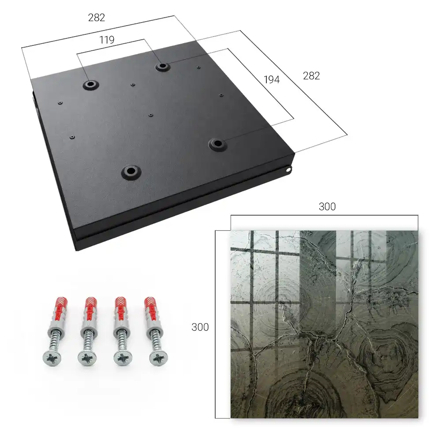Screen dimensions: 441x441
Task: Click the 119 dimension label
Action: (107, 40)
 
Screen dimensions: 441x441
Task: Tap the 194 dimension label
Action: (272, 80)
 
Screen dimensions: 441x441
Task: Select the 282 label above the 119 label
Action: (97, 18)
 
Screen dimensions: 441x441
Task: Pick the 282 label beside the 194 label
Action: (311, 76)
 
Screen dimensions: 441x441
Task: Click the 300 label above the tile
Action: (327, 207)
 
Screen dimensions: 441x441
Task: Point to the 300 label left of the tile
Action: (200, 327)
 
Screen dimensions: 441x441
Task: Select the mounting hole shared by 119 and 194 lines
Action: (162, 67)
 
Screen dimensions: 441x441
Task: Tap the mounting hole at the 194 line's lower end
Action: (217, 144)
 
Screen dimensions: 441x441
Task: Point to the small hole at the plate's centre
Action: (151, 115)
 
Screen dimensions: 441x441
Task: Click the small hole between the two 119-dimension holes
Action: (133, 84)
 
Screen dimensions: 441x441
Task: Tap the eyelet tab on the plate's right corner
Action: (288, 169)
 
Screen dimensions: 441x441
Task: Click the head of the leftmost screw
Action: (52, 358)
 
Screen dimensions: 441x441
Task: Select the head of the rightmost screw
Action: (158, 358)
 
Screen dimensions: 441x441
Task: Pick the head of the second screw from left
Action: (87, 358)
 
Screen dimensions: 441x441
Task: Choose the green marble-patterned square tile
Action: (324, 325)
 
